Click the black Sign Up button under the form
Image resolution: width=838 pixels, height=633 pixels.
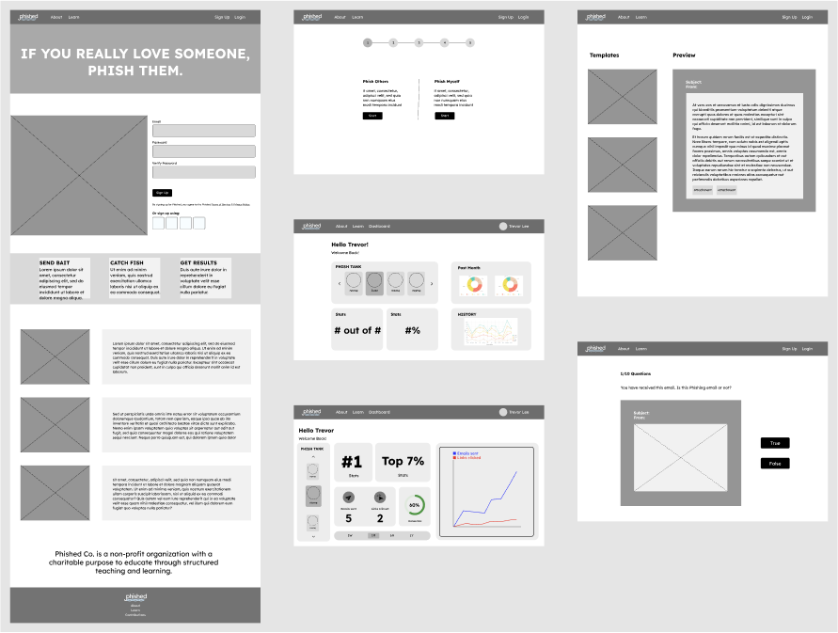(x=162, y=192)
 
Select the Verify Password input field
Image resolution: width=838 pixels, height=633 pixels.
(x=203, y=172)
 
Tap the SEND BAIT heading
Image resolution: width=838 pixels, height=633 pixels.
(x=55, y=263)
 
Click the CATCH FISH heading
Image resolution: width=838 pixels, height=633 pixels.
(x=127, y=263)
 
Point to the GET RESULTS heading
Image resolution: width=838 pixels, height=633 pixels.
(x=198, y=263)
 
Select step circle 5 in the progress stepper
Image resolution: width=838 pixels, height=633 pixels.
(x=470, y=42)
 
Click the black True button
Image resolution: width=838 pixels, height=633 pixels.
(x=775, y=443)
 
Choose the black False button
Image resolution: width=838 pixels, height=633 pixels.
(x=775, y=464)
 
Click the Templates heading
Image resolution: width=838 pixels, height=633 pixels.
(x=604, y=55)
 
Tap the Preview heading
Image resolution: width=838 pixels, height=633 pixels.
(x=684, y=55)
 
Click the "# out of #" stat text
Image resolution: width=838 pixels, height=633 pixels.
(x=357, y=330)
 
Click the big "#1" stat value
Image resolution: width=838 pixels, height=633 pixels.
(x=352, y=462)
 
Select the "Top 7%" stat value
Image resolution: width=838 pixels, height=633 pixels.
(x=403, y=461)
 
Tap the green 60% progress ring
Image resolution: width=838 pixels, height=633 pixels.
(x=414, y=506)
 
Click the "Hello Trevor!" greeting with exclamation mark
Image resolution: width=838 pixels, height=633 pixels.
(x=349, y=245)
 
